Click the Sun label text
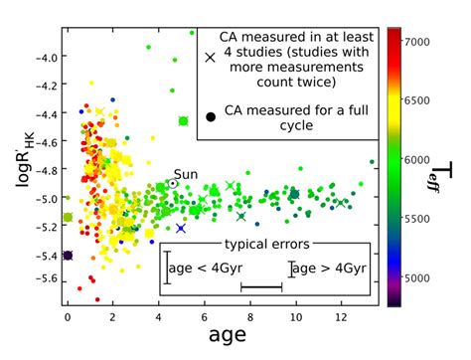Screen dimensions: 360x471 [x=186, y=174]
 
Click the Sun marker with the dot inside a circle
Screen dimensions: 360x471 [x=173, y=184]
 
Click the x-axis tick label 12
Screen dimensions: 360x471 [x=340, y=316]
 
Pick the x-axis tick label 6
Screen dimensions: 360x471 [x=204, y=316]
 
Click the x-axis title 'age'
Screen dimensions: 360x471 [x=227, y=338]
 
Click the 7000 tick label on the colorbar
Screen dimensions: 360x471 [x=417, y=43]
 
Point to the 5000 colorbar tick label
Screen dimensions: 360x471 [x=417, y=277]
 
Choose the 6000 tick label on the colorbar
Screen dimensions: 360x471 [x=417, y=160]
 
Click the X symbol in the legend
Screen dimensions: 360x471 [x=210, y=57]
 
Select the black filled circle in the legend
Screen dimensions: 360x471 [x=210, y=117]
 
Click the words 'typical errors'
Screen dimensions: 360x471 [x=266, y=244]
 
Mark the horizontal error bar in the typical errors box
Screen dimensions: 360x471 [x=261, y=287]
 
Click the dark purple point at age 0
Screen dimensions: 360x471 [x=68, y=256]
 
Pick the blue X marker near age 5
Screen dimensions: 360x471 [x=181, y=229]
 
